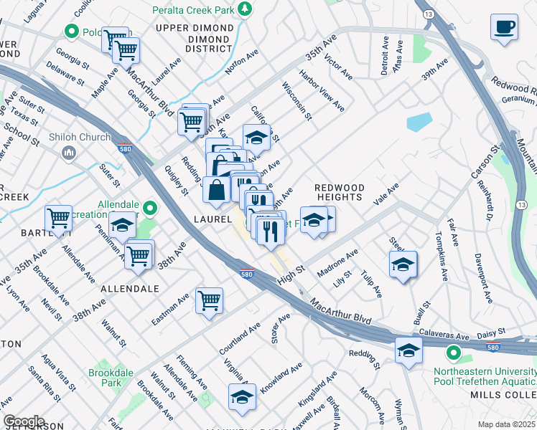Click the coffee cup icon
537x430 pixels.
504,27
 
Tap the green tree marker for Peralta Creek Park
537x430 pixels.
246,8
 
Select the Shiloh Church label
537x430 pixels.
80,137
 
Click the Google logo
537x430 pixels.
24,421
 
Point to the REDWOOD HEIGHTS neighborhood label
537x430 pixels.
340,192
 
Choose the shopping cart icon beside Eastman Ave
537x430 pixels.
209,301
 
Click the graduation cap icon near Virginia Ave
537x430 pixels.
242,396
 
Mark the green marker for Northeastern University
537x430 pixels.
453,353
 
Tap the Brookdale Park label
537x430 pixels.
106,378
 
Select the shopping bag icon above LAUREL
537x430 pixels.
217,190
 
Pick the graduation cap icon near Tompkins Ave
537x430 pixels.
403,264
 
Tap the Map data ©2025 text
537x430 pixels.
505,424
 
